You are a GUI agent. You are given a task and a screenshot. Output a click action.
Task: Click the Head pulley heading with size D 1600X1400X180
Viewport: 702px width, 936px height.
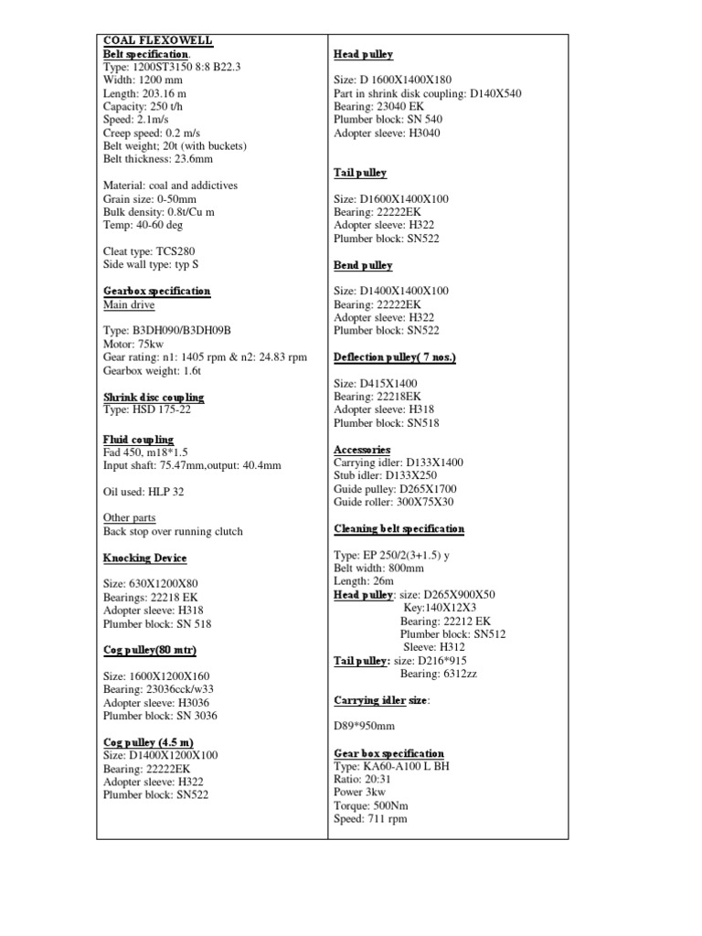364,55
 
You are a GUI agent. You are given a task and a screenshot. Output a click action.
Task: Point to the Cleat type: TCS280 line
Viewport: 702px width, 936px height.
149,251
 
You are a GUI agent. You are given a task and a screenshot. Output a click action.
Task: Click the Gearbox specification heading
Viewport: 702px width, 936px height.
157,292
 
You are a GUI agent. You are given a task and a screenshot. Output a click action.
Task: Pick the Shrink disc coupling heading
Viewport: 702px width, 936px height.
154,398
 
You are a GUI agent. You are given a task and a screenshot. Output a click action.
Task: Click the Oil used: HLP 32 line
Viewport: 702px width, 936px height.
144,492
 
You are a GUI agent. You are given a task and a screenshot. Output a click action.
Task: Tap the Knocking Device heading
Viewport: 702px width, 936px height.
145,558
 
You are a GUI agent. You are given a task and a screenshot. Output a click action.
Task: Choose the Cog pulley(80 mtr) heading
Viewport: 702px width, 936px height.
150,650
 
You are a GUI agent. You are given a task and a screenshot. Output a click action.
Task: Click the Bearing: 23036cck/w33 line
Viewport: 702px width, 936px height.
160,689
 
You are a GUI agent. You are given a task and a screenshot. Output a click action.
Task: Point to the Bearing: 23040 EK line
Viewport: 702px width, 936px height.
379,107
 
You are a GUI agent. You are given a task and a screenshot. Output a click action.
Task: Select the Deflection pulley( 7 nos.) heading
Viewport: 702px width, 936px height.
395,357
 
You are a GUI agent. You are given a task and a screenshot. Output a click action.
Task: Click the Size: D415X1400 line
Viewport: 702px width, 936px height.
376,384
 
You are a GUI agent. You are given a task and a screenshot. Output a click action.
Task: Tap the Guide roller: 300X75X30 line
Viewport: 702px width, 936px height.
394,503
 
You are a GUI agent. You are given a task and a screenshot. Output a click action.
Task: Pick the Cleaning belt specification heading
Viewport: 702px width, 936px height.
399,529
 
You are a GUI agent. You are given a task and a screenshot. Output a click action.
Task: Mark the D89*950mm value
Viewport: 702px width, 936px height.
365,727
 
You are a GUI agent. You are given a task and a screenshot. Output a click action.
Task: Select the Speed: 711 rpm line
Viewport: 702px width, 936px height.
370,819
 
